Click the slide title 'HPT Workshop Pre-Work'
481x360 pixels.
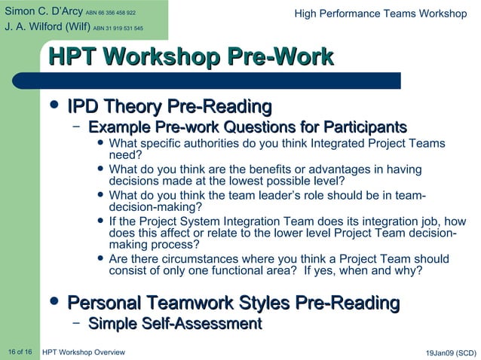(190, 56)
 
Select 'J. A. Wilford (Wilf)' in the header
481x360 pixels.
(46, 28)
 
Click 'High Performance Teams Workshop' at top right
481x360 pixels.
(380, 14)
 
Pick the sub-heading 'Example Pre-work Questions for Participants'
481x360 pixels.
(247, 127)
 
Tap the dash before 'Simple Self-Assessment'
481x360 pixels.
(76, 323)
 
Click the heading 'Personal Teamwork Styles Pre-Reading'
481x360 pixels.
(233, 303)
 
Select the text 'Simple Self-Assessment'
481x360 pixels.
(174, 324)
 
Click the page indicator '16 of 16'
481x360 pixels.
(20, 352)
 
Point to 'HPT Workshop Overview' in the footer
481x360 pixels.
(84, 352)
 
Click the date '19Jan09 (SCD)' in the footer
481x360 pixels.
(451, 352)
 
